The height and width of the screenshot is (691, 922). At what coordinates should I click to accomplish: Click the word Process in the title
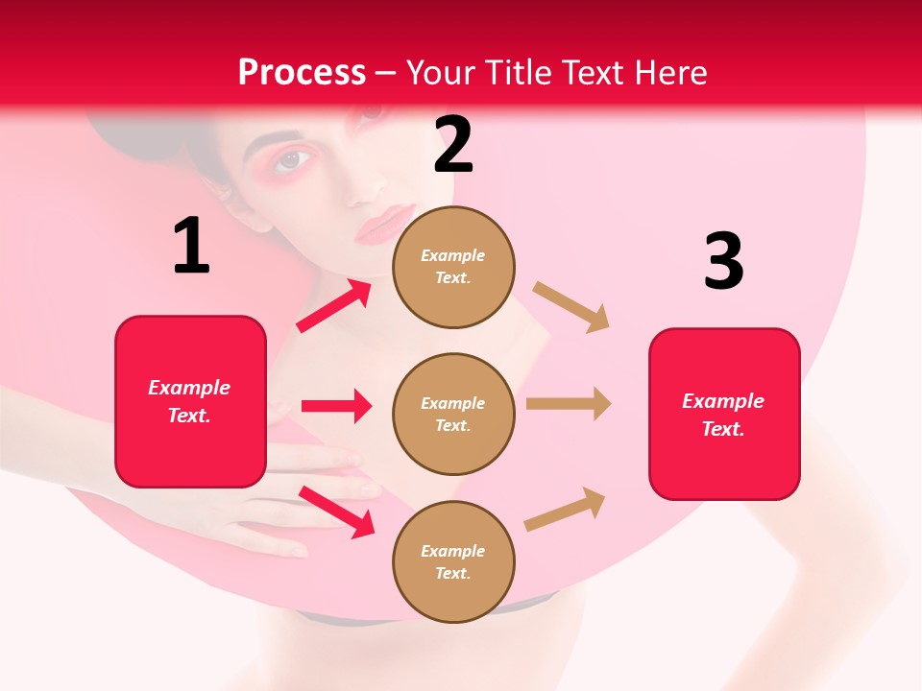[x=302, y=73]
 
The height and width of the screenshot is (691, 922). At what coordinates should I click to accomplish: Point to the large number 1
[x=191, y=247]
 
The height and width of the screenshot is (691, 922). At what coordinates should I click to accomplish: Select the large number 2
[x=453, y=145]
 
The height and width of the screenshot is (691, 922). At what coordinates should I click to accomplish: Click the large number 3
[x=723, y=261]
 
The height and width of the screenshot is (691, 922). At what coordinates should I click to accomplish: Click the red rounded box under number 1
[x=190, y=401]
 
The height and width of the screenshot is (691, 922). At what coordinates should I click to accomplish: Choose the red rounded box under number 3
[x=724, y=415]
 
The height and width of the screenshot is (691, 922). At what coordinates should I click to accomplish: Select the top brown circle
[x=453, y=267]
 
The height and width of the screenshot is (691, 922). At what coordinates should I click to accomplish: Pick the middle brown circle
[x=453, y=414]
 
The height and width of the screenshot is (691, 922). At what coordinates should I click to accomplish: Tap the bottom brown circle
[x=453, y=561]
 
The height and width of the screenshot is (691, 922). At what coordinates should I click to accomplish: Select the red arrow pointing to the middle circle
[x=336, y=406]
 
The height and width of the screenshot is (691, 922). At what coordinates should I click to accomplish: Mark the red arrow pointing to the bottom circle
[x=336, y=511]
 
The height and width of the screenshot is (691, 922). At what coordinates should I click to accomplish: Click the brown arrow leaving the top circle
[x=571, y=307]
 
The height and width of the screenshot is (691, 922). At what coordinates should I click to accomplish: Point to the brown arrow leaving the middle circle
[x=569, y=404]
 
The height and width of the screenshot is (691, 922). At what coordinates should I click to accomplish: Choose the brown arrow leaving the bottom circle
[x=565, y=509]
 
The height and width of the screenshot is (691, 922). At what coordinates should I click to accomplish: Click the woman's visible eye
[x=291, y=160]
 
